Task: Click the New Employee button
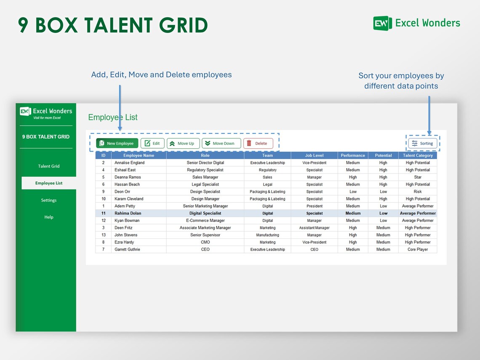[117, 144]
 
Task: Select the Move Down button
[221, 144]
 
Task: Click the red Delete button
[258, 144]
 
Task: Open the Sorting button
[423, 144]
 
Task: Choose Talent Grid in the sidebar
[49, 166]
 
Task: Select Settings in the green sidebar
[49, 200]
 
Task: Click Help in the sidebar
[49, 217]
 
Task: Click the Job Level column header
[314, 155]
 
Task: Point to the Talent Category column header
[418, 155]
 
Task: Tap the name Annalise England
[129, 163]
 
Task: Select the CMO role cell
[205, 242]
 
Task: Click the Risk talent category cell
[418, 192]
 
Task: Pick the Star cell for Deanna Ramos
[418, 177]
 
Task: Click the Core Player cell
[418, 250]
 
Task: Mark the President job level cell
[315, 206]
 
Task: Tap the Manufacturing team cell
[267, 235]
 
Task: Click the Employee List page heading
[113, 117]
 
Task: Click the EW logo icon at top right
[382, 23]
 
